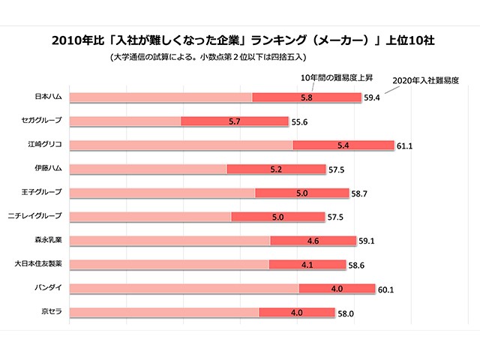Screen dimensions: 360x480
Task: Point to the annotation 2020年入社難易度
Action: click(425, 79)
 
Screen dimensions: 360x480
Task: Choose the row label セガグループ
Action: click(42, 121)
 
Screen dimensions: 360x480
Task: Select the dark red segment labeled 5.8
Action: click(306, 97)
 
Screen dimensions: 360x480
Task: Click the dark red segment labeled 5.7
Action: click(235, 121)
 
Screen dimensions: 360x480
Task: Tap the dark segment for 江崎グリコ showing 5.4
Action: click(343, 145)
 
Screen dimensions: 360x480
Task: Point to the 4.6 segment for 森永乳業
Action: click(313, 241)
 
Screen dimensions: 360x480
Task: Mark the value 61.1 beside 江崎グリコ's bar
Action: click(406, 145)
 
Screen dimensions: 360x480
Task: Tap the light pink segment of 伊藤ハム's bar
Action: click(148, 169)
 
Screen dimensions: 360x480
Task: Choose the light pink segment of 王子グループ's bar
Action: click(163, 193)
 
